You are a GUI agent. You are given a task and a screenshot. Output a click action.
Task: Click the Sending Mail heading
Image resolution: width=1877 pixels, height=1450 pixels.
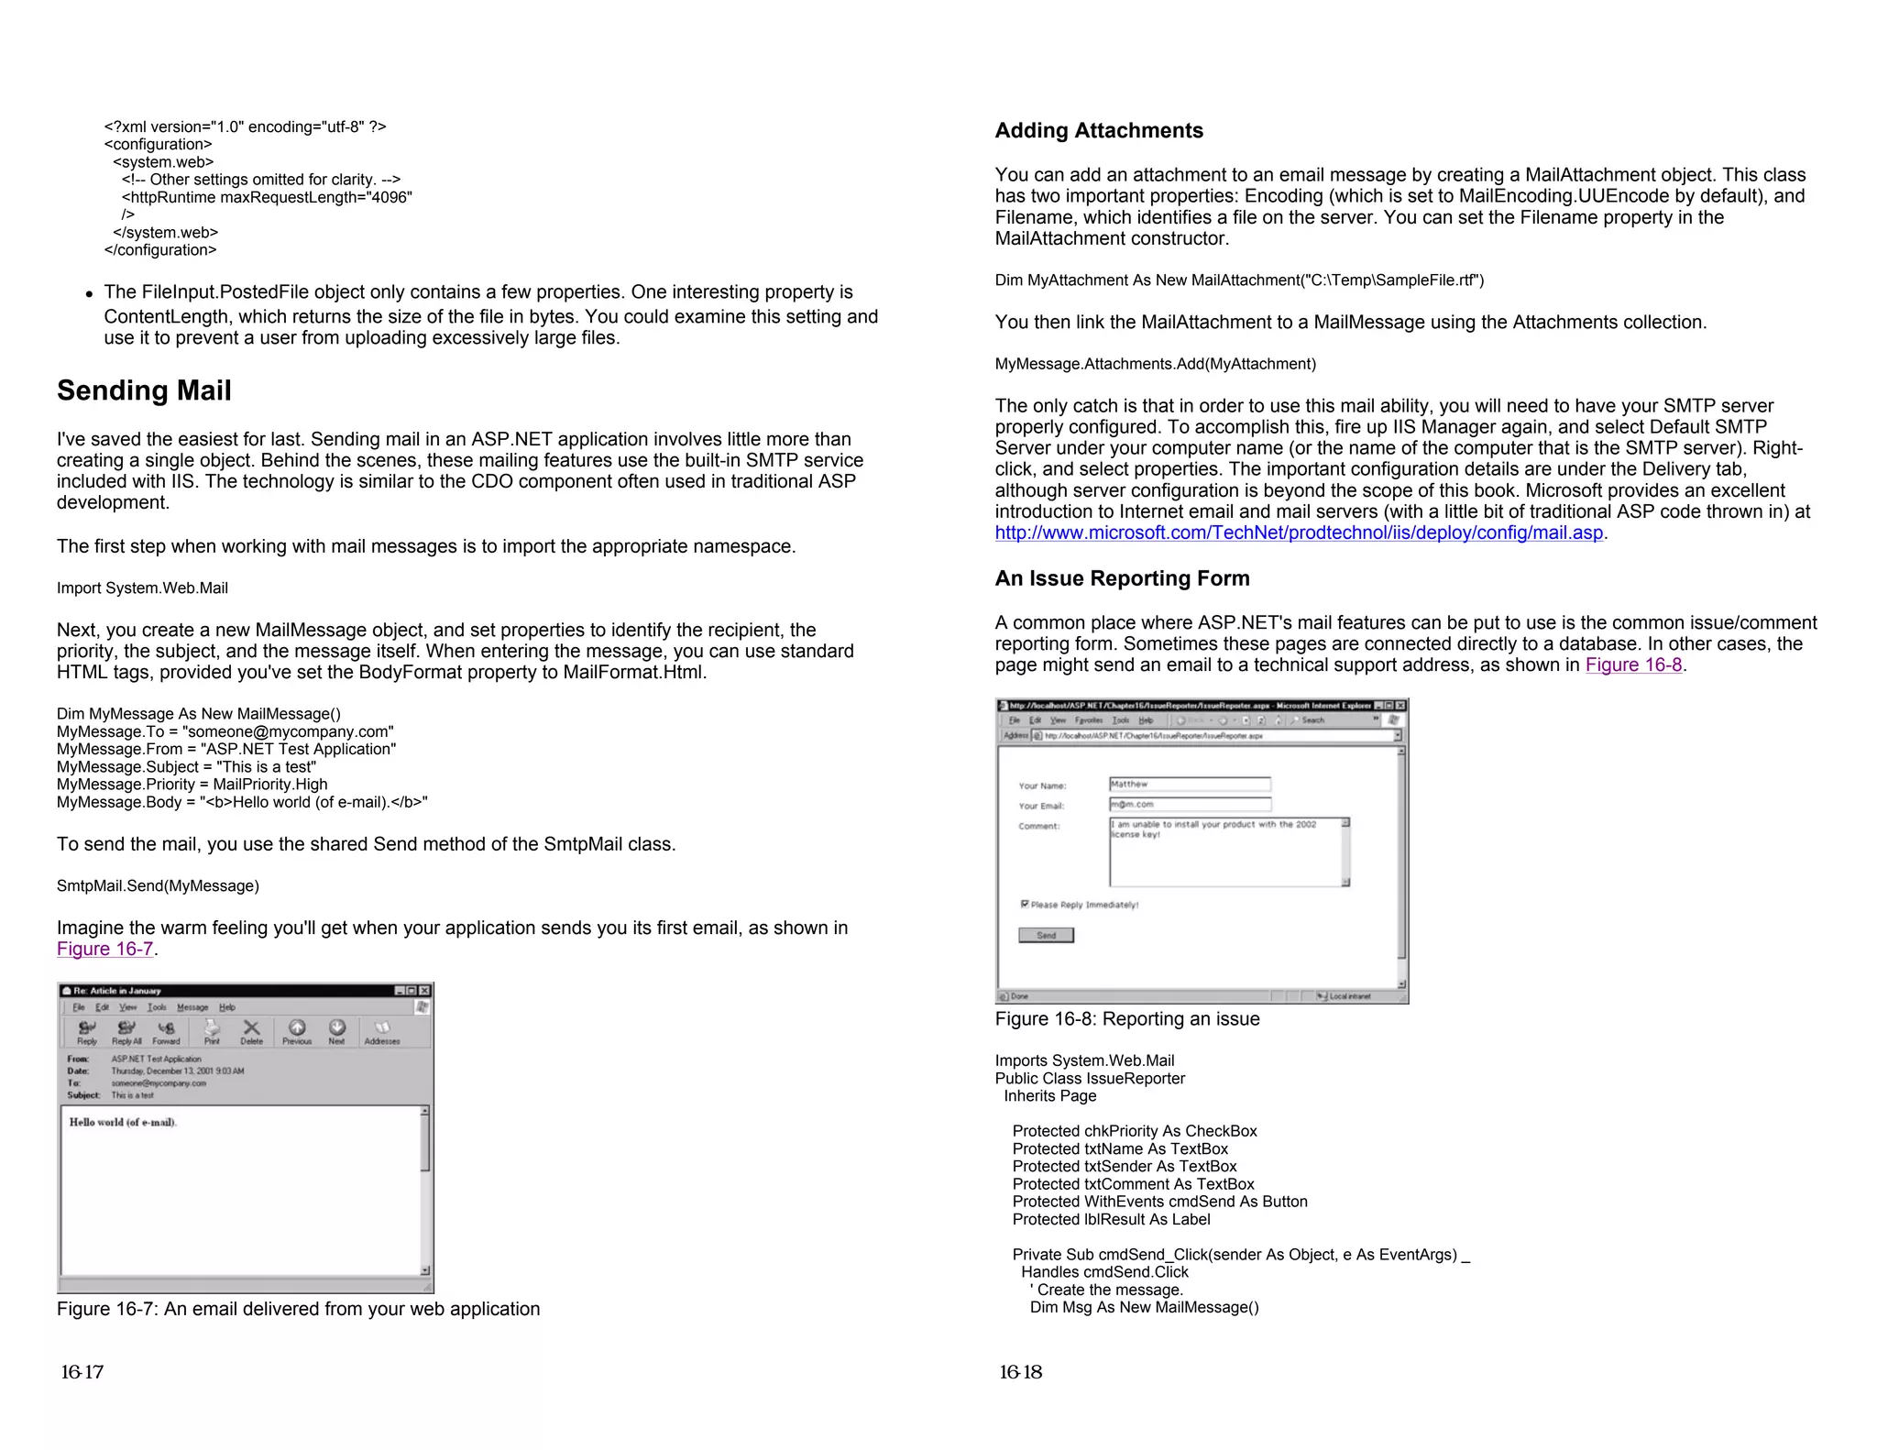point(144,390)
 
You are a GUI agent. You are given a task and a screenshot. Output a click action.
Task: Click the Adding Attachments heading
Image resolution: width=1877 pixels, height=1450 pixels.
point(1098,130)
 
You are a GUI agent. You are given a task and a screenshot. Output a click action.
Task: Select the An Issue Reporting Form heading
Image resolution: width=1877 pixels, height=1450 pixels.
point(1122,578)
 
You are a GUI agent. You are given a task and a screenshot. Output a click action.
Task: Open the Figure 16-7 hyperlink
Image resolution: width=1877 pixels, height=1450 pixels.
point(104,950)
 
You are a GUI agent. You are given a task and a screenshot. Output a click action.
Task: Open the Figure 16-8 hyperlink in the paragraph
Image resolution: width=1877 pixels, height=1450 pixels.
point(1633,665)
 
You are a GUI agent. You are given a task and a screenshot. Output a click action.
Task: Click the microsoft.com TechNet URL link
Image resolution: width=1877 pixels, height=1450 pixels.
point(1298,533)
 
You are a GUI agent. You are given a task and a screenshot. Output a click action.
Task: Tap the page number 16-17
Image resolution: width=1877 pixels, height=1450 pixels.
point(82,1372)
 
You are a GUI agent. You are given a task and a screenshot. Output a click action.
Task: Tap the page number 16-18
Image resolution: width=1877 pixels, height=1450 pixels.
point(1020,1372)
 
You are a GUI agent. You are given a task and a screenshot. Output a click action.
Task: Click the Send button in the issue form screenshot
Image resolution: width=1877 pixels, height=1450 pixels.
point(1046,935)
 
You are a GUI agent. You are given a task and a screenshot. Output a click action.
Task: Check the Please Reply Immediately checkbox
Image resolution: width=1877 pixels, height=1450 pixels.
point(1025,904)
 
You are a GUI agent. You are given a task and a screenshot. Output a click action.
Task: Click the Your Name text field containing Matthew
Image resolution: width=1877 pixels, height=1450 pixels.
point(1189,784)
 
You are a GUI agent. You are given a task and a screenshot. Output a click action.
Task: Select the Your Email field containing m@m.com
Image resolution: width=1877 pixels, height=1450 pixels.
point(1189,804)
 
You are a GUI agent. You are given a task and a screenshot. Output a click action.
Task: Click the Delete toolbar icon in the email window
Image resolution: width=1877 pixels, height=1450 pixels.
point(251,1031)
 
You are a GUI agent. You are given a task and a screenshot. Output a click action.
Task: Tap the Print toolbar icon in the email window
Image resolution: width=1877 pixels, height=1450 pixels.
point(212,1031)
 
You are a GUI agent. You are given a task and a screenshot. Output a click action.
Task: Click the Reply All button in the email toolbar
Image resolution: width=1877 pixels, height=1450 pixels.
point(126,1031)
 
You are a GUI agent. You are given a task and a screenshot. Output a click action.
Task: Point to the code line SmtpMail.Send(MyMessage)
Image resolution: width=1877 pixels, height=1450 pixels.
point(158,886)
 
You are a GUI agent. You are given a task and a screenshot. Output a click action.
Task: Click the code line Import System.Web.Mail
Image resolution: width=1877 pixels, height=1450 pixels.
point(142,588)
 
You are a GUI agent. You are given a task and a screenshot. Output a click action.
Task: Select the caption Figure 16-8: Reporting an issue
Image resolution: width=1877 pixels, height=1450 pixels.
point(1126,1019)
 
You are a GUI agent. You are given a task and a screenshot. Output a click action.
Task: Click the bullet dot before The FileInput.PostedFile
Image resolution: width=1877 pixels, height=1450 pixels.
point(89,294)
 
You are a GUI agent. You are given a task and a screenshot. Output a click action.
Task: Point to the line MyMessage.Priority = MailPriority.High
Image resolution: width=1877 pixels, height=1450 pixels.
point(192,785)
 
